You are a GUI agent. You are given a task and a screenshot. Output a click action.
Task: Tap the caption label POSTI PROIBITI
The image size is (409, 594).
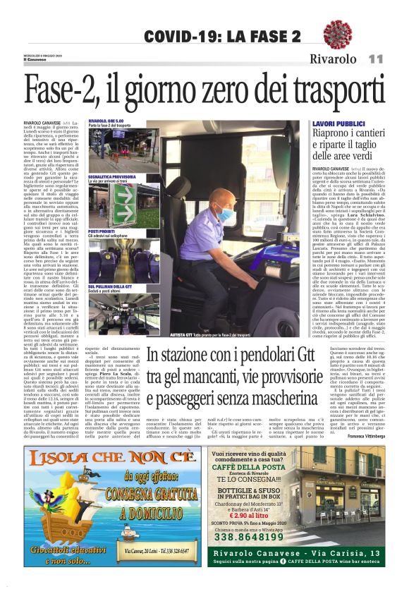(102, 230)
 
